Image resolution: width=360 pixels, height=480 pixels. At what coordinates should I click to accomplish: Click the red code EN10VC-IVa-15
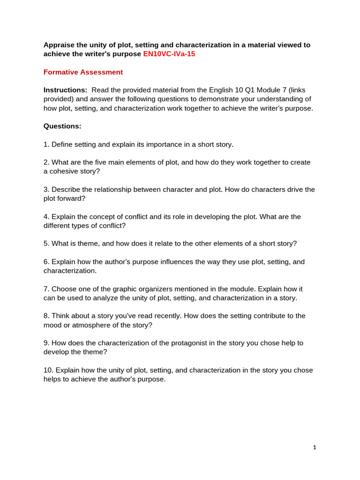(x=169, y=54)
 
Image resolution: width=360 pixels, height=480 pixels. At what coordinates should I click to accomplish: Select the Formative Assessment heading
(x=83, y=72)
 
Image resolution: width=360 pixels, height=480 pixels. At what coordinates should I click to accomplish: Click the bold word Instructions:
(x=65, y=90)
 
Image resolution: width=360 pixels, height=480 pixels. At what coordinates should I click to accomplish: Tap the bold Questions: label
(x=62, y=126)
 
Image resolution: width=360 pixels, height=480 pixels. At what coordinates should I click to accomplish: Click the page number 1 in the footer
(x=315, y=448)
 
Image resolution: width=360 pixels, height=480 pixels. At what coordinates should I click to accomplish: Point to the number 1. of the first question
(x=46, y=144)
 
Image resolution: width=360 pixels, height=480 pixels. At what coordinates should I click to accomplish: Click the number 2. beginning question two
(x=46, y=162)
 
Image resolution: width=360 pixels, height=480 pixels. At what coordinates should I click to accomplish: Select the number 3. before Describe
(x=46, y=189)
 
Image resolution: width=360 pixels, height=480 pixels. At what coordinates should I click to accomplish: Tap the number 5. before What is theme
(x=46, y=244)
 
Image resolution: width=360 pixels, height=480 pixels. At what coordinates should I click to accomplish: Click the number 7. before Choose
(x=46, y=289)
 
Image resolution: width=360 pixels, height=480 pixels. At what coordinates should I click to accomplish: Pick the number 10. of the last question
(x=48, y=370)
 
